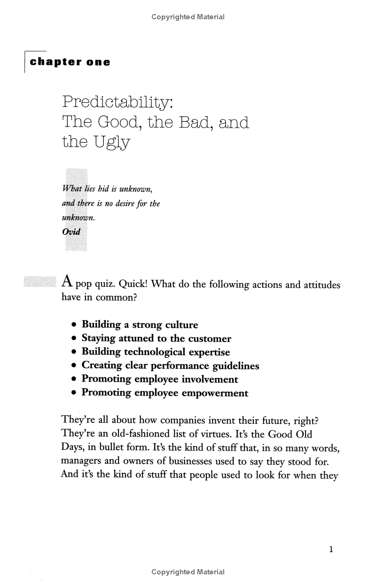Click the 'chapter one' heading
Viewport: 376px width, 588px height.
point(70,62)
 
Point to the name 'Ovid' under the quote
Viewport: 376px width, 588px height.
point(71,231)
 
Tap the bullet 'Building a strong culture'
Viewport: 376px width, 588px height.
point(140,325)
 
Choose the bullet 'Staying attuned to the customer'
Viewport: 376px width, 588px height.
point(156,338)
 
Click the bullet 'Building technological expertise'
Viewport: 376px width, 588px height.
point(156,352)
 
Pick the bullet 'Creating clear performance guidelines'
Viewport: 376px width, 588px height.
point(170,366)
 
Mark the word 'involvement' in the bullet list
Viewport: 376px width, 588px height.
point(210,379)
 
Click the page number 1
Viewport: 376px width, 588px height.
point(331,549)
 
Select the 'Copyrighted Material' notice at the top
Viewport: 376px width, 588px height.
point(188,17)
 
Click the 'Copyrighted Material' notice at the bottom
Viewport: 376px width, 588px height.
point(188,572)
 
